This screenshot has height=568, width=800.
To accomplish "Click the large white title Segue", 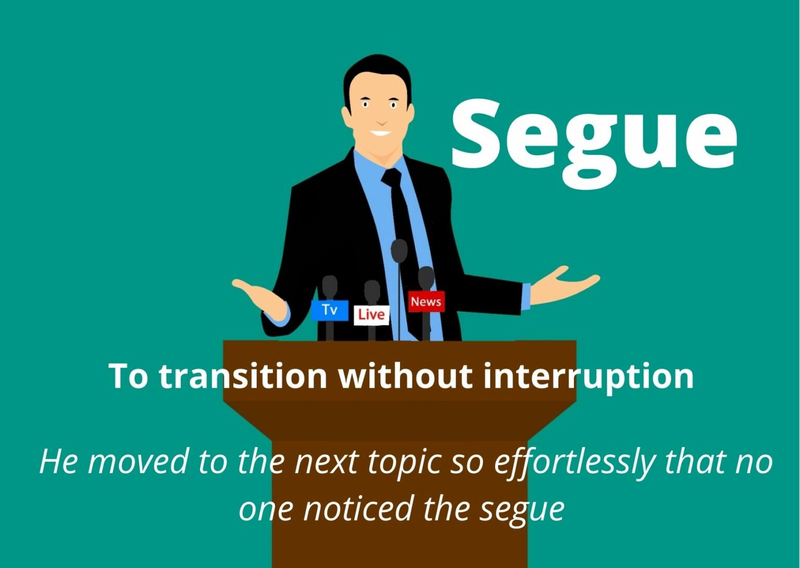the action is (594, 144).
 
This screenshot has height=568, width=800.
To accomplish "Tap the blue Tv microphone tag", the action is (330, 310).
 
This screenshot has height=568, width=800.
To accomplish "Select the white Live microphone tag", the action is (372, 315).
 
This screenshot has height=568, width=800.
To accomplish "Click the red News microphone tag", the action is (426, 302).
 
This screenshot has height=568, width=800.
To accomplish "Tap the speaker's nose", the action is (381, 120).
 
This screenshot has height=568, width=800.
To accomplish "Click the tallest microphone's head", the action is (399, 251).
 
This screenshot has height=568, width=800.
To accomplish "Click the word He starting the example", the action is (57, 462).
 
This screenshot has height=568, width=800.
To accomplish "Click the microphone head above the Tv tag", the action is (330, 287).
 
